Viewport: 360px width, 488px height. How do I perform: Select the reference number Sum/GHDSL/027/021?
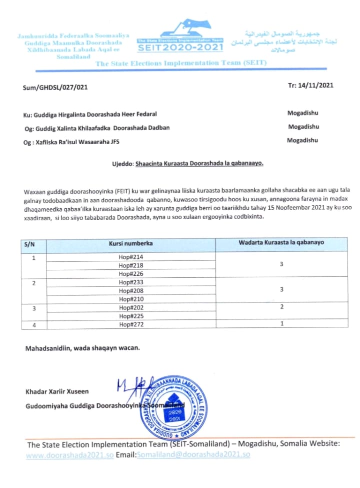(55, 88)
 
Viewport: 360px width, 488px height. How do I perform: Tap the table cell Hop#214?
(131, 257)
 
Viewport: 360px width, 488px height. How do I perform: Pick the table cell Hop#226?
(131, 273)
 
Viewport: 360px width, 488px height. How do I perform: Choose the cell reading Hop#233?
(131, 282)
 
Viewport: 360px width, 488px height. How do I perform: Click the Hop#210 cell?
(131, 299)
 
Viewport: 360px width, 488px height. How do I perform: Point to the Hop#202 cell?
(131, 308)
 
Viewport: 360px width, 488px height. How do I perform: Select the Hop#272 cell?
(131, 325)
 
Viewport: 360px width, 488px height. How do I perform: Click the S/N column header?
(29, 244)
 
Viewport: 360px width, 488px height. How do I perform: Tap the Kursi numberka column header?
(131, 244)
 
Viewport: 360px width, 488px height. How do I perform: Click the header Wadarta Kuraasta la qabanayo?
(281, 243)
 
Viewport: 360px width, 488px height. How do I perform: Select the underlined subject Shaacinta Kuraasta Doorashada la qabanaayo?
(199, 163)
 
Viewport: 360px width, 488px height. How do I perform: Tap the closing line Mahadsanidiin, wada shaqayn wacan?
(82, 348)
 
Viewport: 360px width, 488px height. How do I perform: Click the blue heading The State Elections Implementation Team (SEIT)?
(181, 63)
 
